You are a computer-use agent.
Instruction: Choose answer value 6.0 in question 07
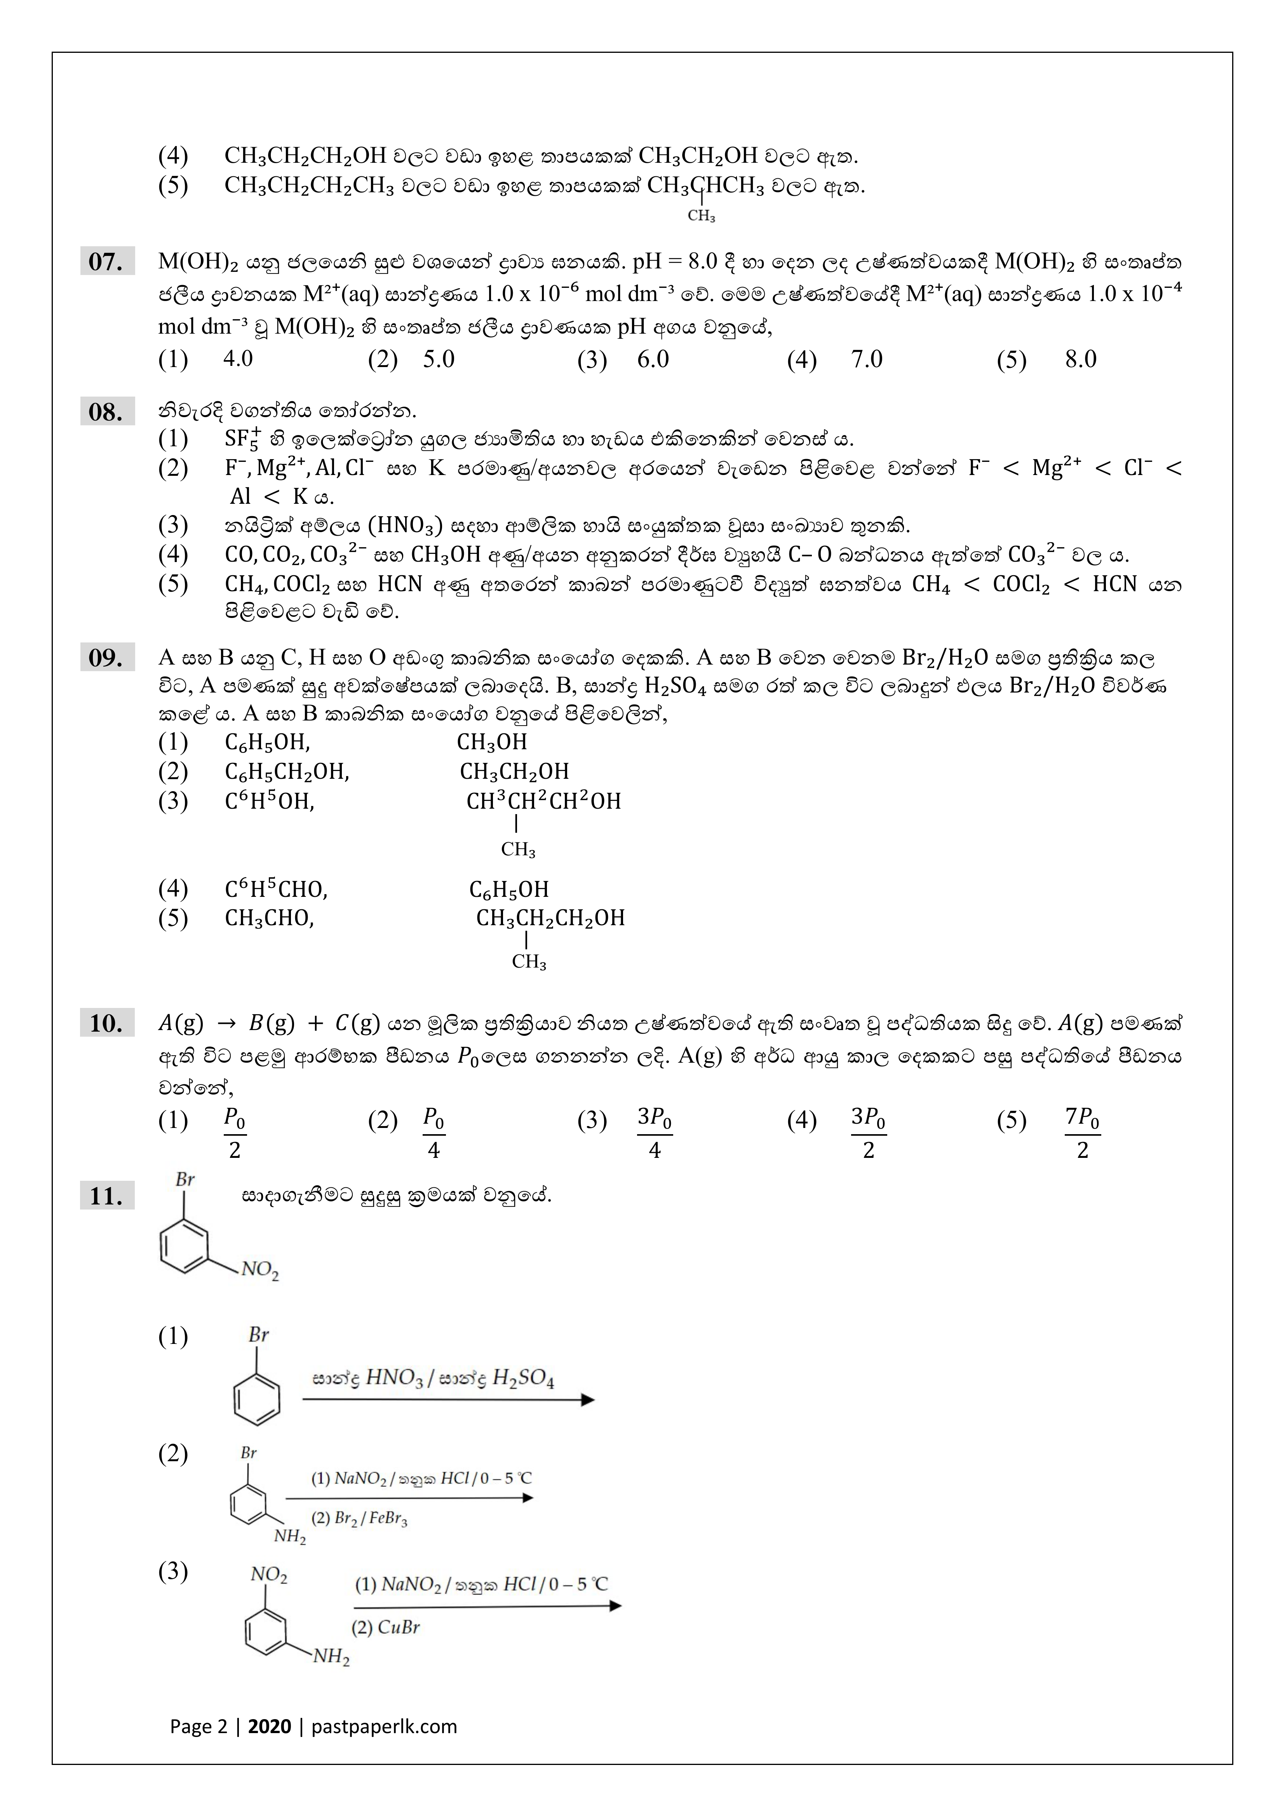tap(653, 359)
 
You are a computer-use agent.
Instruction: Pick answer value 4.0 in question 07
tap(237, 359)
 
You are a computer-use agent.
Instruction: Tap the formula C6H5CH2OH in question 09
tap(286, 772)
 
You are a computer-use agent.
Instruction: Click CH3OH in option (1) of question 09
tap(491, 742)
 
